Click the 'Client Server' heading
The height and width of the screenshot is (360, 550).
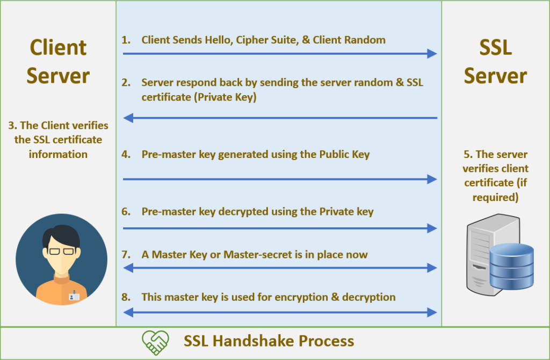58,61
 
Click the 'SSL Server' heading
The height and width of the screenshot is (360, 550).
495,61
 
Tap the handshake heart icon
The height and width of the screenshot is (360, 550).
155,341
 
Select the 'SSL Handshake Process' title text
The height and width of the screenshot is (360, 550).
269,341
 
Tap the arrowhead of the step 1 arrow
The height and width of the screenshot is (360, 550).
432,53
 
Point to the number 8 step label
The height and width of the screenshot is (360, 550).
126,297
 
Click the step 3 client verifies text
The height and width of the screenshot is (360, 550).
58,140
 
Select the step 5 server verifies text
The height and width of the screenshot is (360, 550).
495,176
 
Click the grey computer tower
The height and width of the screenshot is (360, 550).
481,253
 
